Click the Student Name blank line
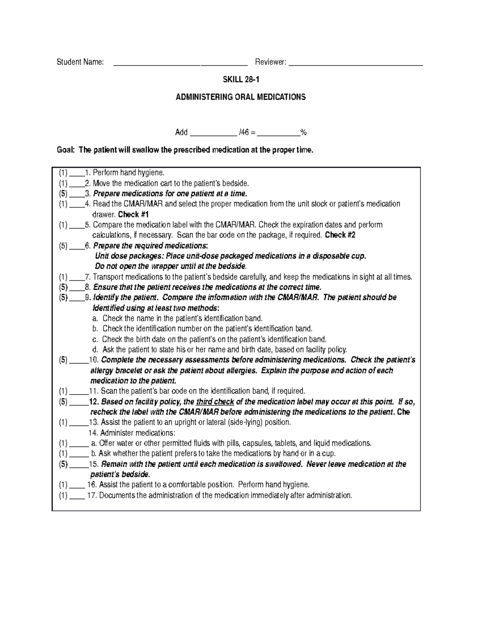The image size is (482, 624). (x=180, y=64)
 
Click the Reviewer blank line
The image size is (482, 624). (x=355, y=64)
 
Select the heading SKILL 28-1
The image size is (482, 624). (x=241, y=80)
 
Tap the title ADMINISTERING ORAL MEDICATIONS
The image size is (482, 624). (x=241, y=97)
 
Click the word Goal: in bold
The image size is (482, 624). (x=65, y=150)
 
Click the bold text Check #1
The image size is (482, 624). (x=133, y=214)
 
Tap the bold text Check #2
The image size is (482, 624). (x=340, y=235)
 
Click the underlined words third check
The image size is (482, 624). (x=215, y=402)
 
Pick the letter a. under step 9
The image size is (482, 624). (x=95, y=318)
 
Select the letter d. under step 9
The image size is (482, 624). (x=95, y=349)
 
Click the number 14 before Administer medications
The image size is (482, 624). (x=93, y=433)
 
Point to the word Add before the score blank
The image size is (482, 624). (x=181, y=132)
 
